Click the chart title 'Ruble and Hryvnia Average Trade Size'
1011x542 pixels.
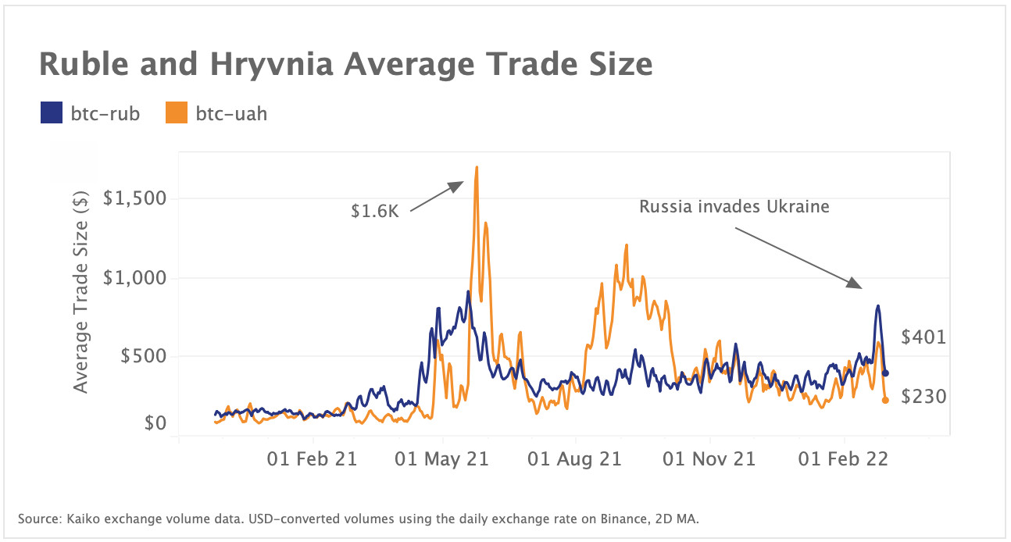pos(345,64)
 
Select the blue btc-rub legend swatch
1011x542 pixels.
pos(51,114)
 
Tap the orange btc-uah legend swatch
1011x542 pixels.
pos(177,114)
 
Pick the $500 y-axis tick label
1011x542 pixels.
pos(145,356)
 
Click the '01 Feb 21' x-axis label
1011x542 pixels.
pos(312,458)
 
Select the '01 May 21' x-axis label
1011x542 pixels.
pos(443,458)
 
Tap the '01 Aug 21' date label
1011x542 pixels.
pos(575,458)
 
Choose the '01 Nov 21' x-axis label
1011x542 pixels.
pos(709,458)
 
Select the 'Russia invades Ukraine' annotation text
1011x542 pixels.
pos(734,207)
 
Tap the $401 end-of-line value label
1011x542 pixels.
pos(923,337)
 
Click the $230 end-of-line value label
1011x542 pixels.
pos(923,397)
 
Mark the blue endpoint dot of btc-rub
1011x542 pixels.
pos(885,373)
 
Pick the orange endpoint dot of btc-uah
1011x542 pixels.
pos(885,400)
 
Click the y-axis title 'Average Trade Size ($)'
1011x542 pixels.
pos(81,291)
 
